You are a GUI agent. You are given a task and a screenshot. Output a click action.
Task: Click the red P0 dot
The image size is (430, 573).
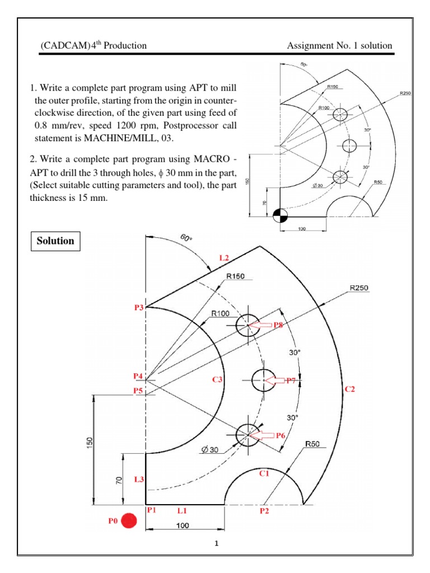129,522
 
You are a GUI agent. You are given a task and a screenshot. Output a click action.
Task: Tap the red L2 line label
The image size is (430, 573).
224,258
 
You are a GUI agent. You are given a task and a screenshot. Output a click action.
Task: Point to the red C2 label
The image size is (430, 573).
350,389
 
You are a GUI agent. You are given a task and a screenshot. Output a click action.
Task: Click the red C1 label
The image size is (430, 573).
264,474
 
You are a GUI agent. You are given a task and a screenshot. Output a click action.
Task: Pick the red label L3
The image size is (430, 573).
138,480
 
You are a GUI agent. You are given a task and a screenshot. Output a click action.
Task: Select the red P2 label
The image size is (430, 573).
264,511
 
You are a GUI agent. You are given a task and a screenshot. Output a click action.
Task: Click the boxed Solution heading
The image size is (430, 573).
55,241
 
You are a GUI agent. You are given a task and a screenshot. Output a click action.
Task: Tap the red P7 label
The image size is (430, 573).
291,381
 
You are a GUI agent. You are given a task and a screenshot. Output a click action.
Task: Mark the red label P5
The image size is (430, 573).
138,391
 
